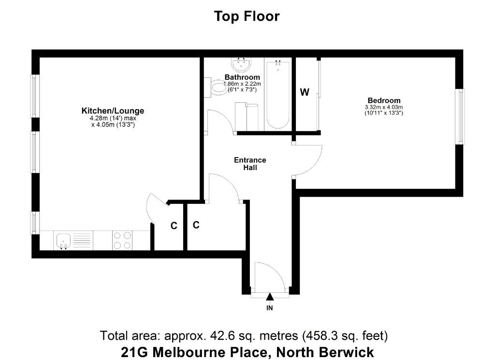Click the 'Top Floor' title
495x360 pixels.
click(247, 16)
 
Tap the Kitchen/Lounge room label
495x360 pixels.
click(113, 111)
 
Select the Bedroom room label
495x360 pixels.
click(384, 101)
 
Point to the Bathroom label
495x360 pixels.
click(242, 77)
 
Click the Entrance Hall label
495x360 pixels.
click(250, 164)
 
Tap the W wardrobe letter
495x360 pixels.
click(305, 92)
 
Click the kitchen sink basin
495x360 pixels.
click(63, 241)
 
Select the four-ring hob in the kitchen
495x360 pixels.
click(122, 241)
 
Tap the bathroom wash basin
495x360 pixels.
click(242, 65)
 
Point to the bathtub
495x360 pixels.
click(278, 94)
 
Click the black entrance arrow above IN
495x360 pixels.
click(270, 297)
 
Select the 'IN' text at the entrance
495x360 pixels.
click(270, 308)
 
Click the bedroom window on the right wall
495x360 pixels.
click(461, 117)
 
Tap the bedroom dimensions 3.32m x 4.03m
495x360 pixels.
click(384, 107)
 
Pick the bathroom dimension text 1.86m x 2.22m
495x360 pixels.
click(243, 84)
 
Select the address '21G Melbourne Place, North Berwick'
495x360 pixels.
click(247, 352)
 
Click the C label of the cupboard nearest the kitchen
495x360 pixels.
click(174, 226)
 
